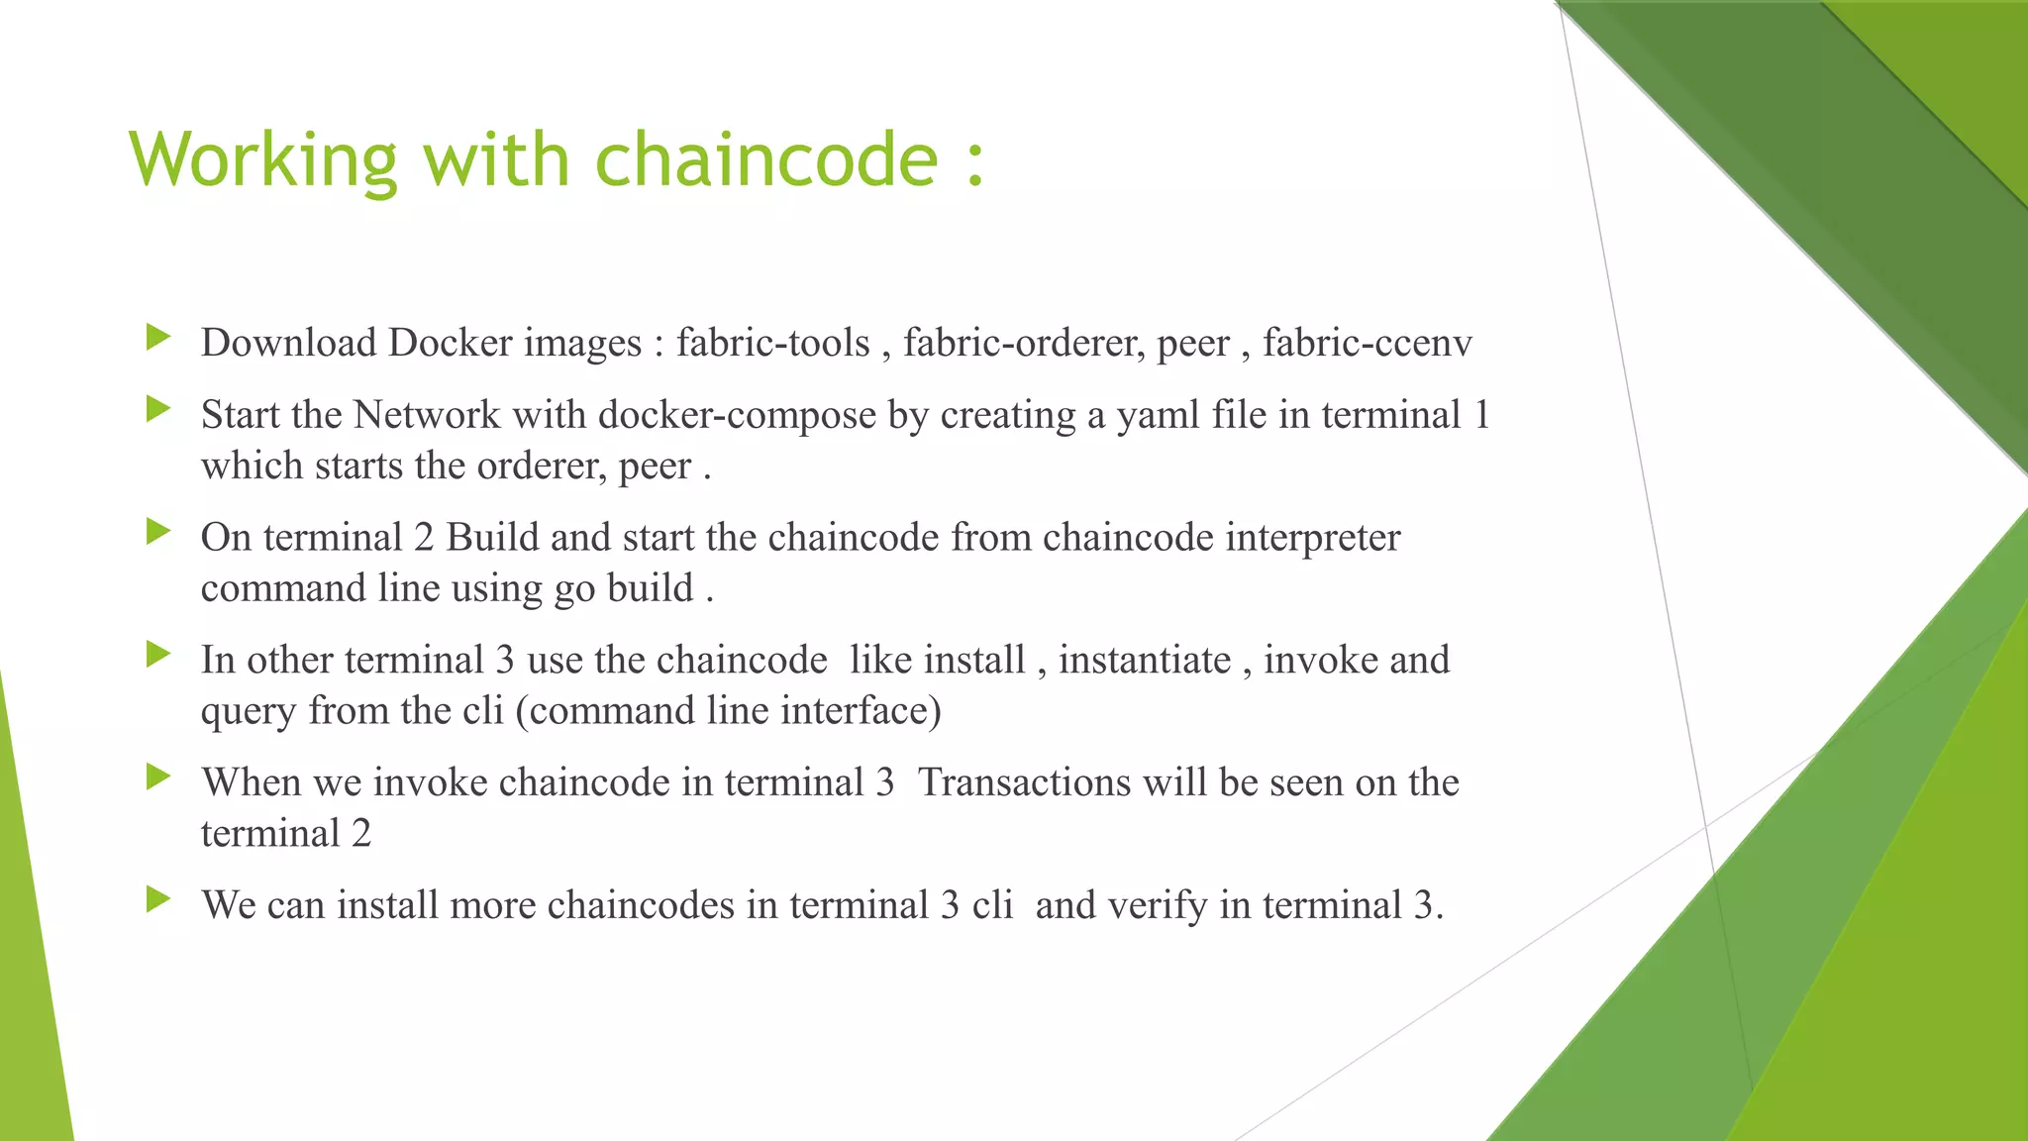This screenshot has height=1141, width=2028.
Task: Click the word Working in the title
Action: point(262,160)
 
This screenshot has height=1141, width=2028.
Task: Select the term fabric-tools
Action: point(772,343)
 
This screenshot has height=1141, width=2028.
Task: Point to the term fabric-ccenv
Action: point(1367,343)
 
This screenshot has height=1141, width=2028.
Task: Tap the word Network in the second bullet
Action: point(427,415)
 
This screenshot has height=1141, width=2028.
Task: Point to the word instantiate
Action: point(1144,661)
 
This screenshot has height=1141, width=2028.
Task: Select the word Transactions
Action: point(1024,782)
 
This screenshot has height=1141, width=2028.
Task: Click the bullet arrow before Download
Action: point(158,338)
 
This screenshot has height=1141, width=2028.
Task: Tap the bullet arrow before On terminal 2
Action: point(158,532)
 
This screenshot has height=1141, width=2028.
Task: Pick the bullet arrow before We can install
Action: point(158,899)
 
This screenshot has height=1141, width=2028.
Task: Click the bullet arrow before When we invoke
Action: point(158,777)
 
